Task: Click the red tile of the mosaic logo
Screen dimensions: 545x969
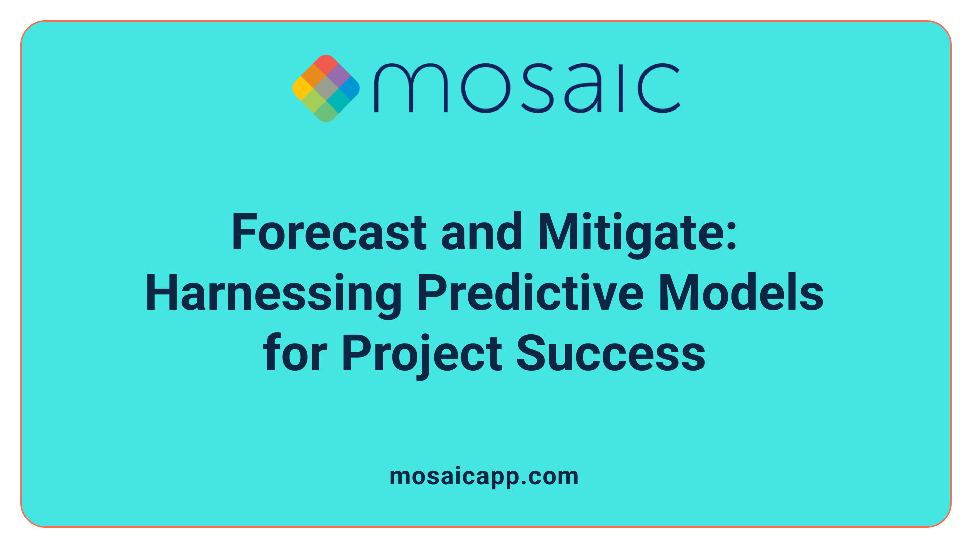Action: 326,64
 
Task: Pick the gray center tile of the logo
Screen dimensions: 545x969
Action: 326,88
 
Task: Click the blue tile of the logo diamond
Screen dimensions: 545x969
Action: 350,88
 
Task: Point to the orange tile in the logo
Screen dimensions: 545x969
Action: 314,76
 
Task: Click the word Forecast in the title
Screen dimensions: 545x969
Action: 329,233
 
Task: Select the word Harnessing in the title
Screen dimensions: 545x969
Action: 273,294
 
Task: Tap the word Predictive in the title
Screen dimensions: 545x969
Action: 530,294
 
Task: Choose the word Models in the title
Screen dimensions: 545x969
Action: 741,294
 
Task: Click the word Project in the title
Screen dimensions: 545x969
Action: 421,354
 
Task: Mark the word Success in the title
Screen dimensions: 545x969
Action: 610,354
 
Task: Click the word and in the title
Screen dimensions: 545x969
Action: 481,233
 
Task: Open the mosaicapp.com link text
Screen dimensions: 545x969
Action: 484,477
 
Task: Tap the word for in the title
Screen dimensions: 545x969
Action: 295,354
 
